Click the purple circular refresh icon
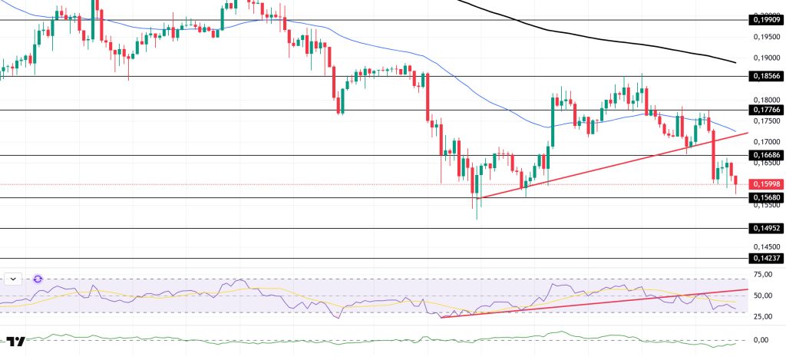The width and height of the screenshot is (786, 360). (x=38, y=279)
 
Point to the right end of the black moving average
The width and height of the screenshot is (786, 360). (x=735, y=62)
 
